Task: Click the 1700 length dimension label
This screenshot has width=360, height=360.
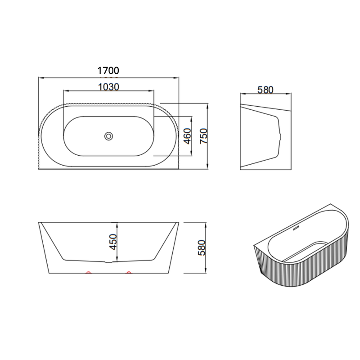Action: click(x=108, y=71)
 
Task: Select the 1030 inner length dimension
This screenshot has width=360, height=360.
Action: click(x=108, y=87)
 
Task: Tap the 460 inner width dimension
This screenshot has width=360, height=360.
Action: click(x=188, y=136)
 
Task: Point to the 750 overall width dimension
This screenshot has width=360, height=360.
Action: click(x=204, y=136)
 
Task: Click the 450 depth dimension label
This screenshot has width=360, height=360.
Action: click(x=113, y=242)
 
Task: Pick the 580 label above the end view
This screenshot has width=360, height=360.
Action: click(x=265, y=90)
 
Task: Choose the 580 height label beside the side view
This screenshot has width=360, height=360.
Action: click(x=201, y=248)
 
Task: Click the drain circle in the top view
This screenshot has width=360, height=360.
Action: click(x=108, y=136)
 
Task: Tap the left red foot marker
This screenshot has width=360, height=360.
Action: click(x=88, y=272)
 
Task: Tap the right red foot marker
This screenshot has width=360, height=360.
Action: click(x=129, y=272)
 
